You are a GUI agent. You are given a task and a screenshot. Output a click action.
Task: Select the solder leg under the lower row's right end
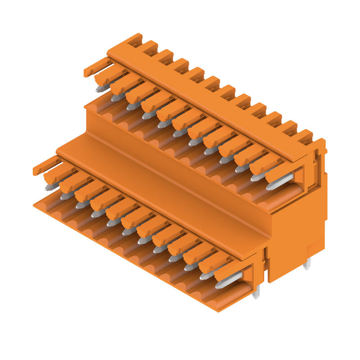256,293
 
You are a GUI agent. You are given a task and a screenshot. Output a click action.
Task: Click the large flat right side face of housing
297,225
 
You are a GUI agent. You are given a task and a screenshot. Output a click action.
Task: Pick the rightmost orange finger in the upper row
279,171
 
